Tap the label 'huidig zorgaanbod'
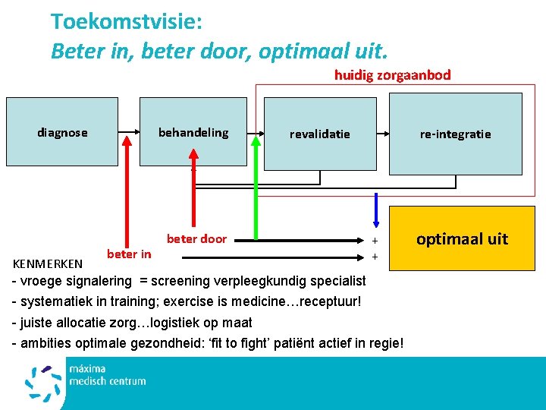pos(392,74)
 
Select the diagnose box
pos(62,133)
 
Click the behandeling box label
pos(193,132)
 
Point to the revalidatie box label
pos(319,134)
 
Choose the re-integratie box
pos(455,134)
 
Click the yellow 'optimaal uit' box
pos(462,239)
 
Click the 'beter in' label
pos(129,254)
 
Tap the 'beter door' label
pos(196,238)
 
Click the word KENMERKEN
pos(49,264)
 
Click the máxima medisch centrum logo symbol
pos(43,383)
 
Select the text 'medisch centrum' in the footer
pos(107,381)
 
